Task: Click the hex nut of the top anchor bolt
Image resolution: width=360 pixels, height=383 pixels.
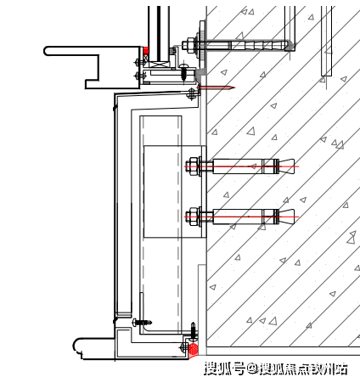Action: [x=187, y=45]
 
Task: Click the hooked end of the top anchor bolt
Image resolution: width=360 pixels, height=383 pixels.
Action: [x=290, y=46]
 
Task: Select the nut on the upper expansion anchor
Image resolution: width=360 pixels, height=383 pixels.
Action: [x=192, y=166]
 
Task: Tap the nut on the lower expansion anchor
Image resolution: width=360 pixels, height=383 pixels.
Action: [x=192, y=217]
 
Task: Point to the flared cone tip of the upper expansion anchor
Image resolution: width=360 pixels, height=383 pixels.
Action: [x=287, y=166]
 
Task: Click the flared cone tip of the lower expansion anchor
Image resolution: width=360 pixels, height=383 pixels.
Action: [x=287, y=217]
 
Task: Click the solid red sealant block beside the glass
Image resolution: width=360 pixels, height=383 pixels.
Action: [x=146, y=51]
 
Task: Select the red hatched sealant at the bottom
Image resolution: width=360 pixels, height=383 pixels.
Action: [x=193, y=349]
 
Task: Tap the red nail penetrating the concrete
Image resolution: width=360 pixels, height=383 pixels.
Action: [x=216, y=87]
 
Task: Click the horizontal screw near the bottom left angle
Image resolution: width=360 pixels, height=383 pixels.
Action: [x=142, y=322]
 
